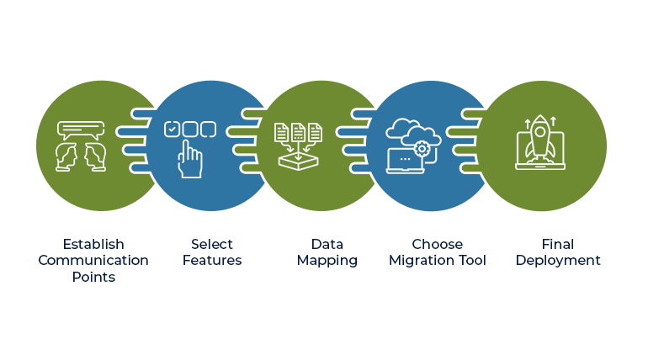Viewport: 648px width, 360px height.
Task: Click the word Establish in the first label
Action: pos(93,244)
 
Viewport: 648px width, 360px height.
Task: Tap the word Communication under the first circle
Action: pos(93,261)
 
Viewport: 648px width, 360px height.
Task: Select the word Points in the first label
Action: pos(93,277)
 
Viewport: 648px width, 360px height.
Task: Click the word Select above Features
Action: pos(212,244)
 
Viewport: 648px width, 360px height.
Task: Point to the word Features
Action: pos(212,261)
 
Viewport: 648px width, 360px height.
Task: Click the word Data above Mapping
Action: pos(327,244)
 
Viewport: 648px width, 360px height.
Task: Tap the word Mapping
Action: pos(327,261)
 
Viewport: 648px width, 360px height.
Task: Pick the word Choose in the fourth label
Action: pos(437,244)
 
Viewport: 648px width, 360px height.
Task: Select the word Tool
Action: pos(473,261)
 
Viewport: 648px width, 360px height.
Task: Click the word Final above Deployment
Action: pos(557,244)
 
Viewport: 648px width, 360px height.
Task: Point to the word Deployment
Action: pos(557,261)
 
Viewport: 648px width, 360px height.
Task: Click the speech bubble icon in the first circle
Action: pos(81,130)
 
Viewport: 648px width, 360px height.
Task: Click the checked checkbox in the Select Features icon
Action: pos(172,130)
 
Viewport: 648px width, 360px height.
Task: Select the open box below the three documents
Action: pos(298,158)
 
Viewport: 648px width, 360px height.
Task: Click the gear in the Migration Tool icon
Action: pos(422,149)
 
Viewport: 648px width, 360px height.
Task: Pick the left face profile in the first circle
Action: pos(66,156)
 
